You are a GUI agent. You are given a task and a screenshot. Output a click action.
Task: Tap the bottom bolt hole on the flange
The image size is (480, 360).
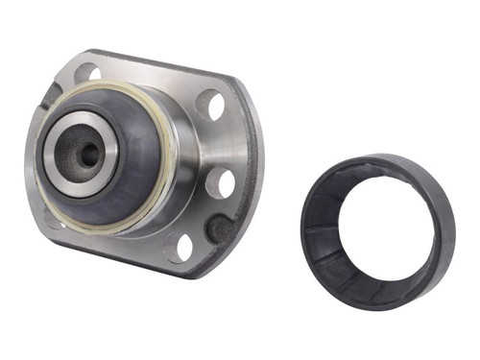coord(182,247)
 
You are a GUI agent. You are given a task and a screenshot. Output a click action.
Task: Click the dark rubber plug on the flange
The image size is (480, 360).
coord(220,228)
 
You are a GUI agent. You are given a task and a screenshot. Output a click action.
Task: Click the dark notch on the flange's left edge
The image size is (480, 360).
coord(50,97)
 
